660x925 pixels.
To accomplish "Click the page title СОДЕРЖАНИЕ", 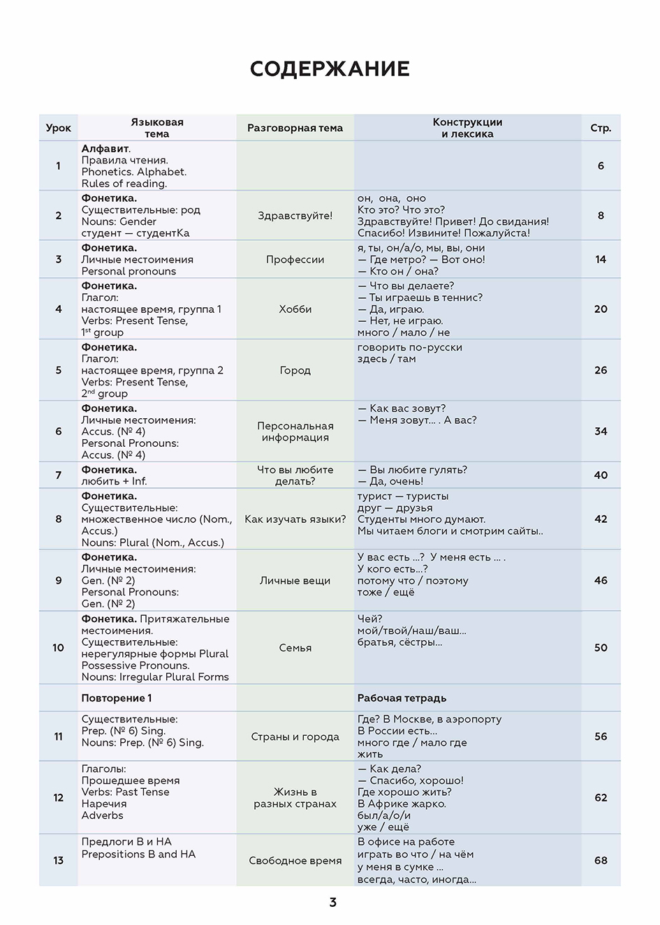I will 330,69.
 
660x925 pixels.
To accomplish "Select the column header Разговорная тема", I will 295,128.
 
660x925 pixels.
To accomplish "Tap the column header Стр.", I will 601,128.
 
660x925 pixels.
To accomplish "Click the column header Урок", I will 59,128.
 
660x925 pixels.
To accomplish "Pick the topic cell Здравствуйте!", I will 295,216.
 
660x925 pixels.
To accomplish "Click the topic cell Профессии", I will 295,260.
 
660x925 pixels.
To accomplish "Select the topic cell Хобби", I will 295,309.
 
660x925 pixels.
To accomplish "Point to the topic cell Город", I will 295,371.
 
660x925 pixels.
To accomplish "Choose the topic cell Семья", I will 295,648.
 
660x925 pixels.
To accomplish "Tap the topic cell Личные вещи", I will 295,581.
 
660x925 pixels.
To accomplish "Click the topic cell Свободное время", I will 295,861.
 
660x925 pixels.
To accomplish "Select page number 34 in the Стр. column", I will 601,431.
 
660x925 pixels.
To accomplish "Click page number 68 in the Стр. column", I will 601,861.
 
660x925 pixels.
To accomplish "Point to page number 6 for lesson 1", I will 601,166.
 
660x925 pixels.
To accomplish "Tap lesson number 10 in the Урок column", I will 59,648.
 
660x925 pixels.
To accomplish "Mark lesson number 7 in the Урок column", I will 59,475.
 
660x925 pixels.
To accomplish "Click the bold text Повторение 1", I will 117,698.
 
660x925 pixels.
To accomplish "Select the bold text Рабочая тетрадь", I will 402,698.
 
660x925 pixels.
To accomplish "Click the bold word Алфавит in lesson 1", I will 105,149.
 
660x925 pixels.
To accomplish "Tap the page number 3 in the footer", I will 332,903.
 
